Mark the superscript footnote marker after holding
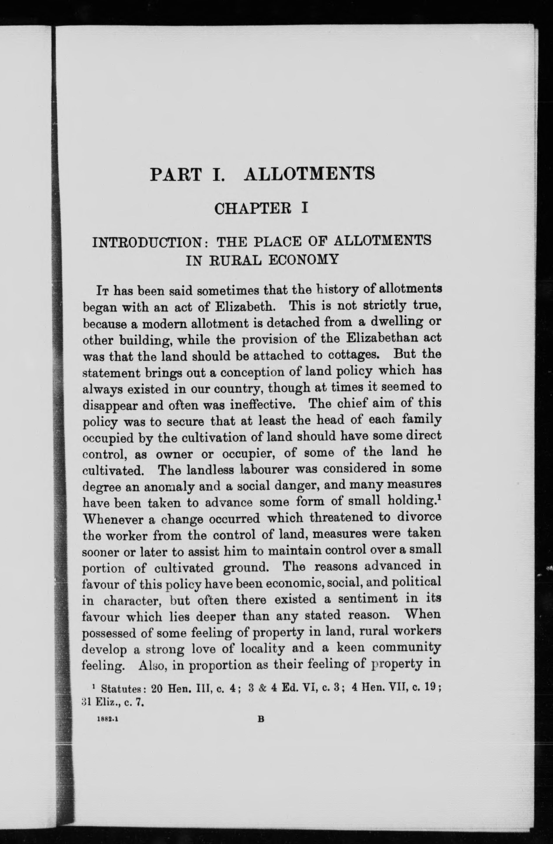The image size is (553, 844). click(439, 499)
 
